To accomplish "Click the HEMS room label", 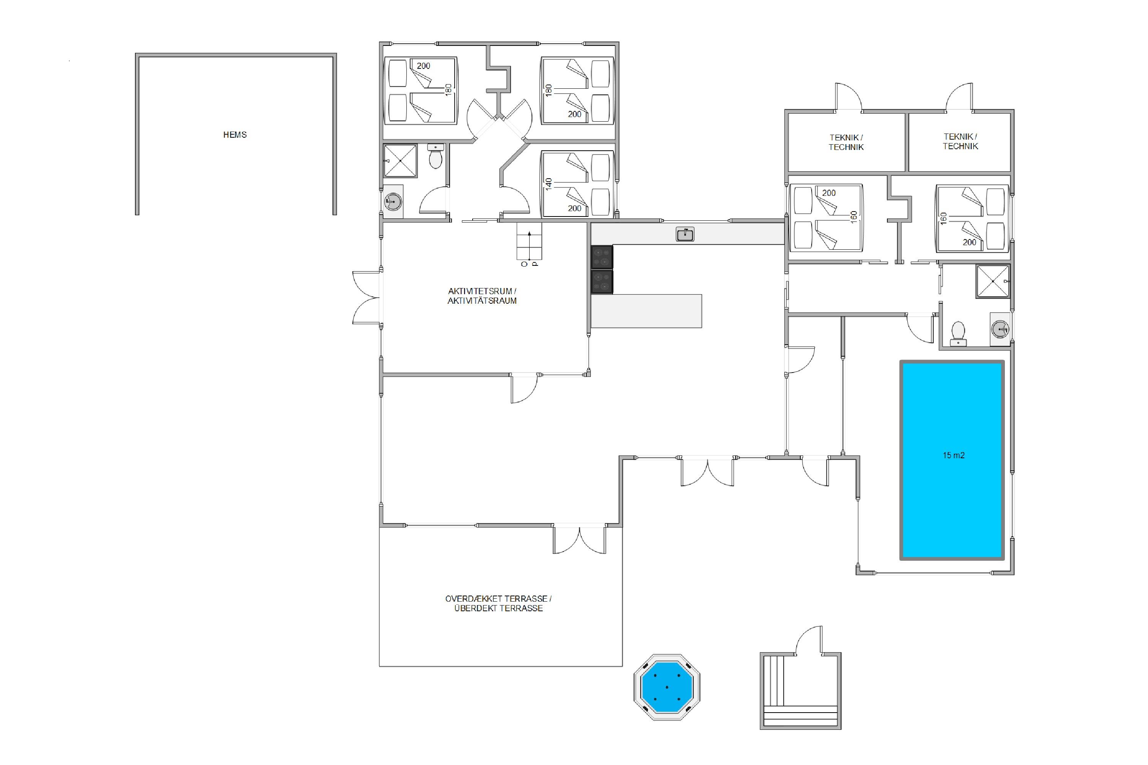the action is pos(235,135).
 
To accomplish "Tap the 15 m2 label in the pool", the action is pos(953,455).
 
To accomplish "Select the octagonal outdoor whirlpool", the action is pos(667,687).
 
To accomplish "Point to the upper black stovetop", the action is pos(602,257).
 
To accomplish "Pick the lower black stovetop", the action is pos(602,282).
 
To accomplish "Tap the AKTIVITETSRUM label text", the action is pos(482,291).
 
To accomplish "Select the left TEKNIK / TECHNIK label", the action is pos(846,142).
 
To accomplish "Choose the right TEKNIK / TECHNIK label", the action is pos(960,142).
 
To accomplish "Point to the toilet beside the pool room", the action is pos(958,334).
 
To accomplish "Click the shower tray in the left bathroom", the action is pos(400,161).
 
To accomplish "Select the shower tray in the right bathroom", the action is pos(992,281).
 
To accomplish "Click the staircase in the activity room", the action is pos(529,241).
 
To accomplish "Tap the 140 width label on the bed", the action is pos(549,184).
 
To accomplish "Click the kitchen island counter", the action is pos(646,311).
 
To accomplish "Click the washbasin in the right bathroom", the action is pos(1000,329).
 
